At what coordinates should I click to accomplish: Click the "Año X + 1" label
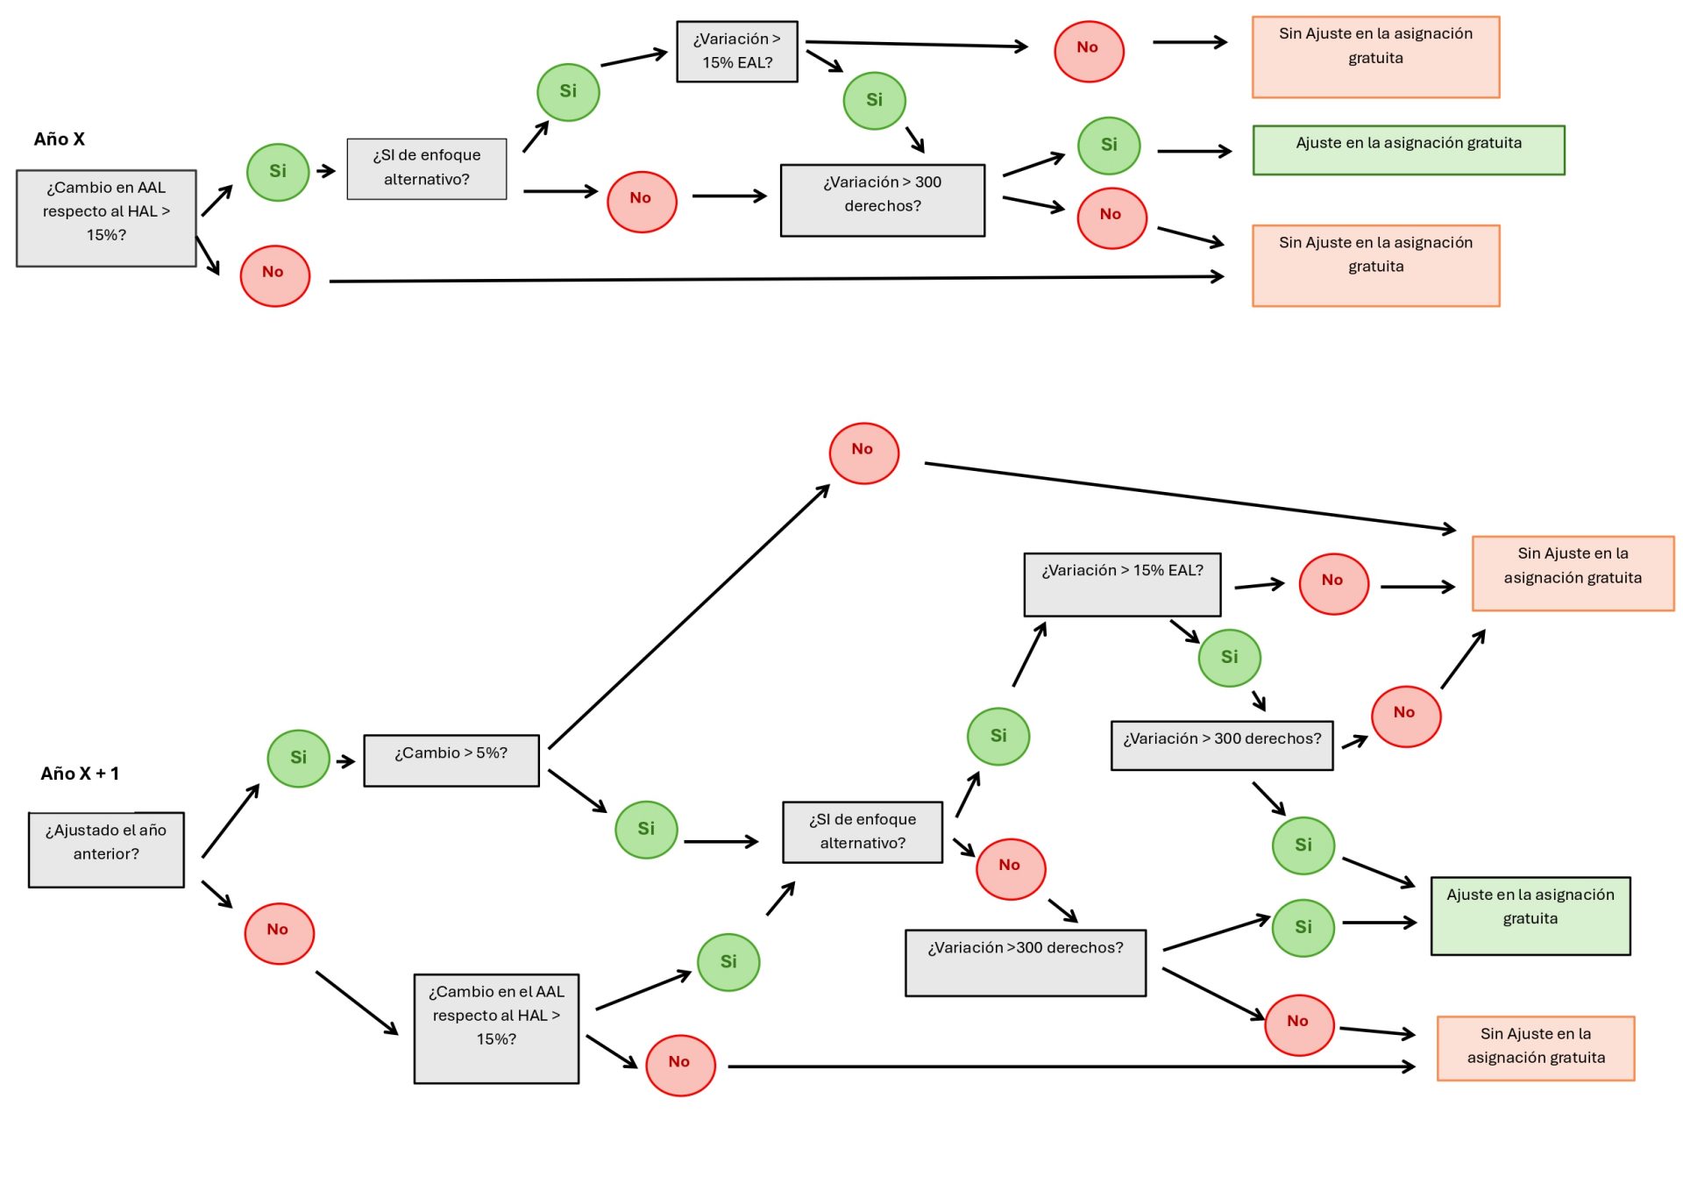[80, 774]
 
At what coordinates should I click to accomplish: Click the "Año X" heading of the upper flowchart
[59, 139]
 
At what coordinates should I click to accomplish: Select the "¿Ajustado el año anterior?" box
[106, 849]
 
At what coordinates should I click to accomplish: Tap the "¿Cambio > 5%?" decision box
[451, 760]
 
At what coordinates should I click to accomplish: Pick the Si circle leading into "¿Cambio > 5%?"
[298, 758]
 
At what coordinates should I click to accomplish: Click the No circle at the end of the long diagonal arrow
[863, 453]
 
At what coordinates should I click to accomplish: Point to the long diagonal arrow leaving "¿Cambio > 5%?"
[688, 617]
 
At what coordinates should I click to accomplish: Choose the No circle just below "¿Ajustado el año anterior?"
[279, 933]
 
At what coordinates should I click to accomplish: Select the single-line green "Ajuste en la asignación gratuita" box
[1408, 150]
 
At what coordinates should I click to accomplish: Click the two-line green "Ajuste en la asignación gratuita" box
[1530, 915]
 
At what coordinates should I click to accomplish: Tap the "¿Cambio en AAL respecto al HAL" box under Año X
[106, 218]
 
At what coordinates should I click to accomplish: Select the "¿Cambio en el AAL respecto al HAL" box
[496, 1028]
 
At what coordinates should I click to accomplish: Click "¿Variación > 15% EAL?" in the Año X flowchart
[736, 52]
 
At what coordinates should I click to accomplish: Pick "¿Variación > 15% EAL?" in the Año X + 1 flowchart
[1122, 584]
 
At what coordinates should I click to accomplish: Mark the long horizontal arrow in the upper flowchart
[776, 279]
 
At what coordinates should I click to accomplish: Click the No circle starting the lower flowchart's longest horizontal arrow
[680, 1065]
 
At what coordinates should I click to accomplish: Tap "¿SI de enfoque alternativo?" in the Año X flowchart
[426, 168]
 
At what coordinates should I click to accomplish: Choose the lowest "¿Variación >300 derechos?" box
[1025, 962]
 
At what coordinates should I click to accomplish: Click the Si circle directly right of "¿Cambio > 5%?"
[646, 829]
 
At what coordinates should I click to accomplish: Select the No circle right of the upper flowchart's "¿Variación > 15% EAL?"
[1088, 51]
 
